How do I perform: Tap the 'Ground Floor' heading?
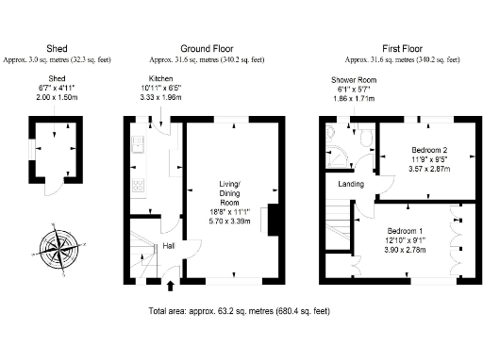[207, 48]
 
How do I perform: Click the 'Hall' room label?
[169, 246]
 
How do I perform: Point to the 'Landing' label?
[351, 184]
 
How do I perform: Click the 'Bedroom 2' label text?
[428, 150]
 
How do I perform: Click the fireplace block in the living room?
[274, 219]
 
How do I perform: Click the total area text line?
[240, 310]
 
